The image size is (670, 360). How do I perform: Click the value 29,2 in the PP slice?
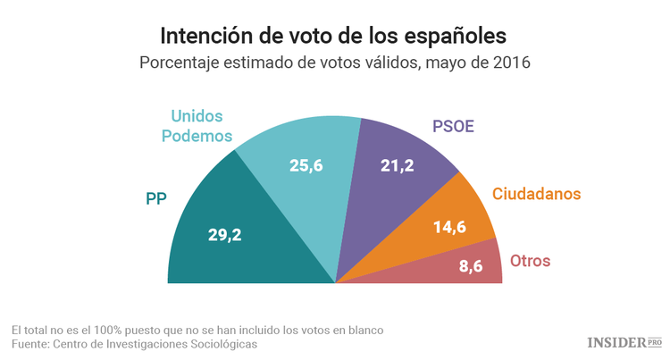(x=225, y=236)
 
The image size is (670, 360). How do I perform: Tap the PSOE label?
(x=454, y=126)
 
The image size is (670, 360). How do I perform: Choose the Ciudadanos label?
(x=537, y=194)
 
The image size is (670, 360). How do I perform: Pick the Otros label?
(x=530, y=262)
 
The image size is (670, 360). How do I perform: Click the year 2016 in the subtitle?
(x=509, y=63)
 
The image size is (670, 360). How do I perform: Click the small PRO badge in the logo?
(x=654, y=342)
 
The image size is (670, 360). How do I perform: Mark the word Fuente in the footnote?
(x=29, y=343)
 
